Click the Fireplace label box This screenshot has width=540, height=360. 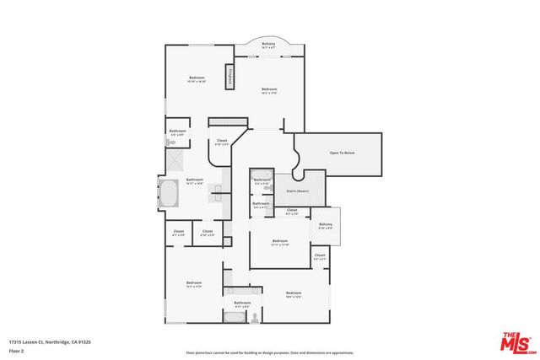[x=228, y=78]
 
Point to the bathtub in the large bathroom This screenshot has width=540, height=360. [x=168, y=196]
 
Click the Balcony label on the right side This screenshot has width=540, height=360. [x=326, y=225]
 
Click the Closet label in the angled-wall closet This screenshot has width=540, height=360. [x=222, y=142]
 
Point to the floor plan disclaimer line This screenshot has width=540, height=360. [x=269, y=352]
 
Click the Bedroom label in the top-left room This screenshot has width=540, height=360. [x=196, y=79]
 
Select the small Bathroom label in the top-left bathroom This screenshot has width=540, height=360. [x=177, y=132]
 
